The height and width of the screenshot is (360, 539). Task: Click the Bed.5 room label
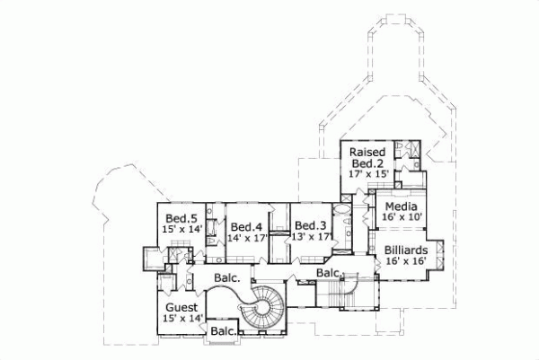181,218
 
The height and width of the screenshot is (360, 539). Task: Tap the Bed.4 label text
244,226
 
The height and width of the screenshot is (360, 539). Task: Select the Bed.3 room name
309,225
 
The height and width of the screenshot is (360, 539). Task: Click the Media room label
401,206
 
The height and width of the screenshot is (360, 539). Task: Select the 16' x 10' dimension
401,217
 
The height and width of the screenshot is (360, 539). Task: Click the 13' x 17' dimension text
309,237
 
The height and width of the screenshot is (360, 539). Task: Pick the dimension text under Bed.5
181,230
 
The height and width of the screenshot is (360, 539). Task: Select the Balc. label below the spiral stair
222,333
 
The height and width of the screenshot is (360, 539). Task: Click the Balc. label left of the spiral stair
226,278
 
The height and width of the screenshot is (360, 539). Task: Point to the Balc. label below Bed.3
327,272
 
